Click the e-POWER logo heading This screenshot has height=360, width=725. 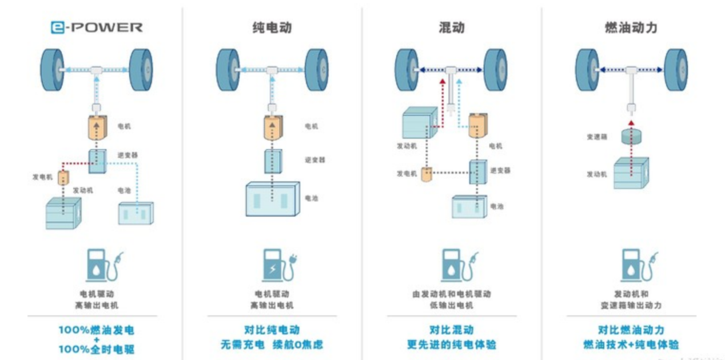97,27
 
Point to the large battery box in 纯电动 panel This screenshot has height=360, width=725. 272,199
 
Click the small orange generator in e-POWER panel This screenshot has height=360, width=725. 63,178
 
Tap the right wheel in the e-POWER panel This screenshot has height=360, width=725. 141,70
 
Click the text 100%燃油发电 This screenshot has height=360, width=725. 96,330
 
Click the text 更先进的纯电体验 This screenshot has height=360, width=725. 451,345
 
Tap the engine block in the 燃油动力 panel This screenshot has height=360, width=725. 630,173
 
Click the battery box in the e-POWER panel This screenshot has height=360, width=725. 136,213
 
